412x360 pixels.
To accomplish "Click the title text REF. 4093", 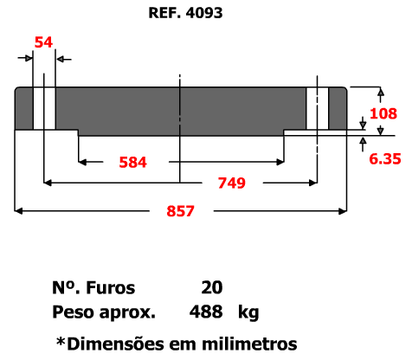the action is click(x=185, y=13).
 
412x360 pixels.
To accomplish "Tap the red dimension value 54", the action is click(x=43, y=42).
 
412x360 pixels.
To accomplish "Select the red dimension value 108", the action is click(x=383, y=113).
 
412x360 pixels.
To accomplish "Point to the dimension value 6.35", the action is click(x=385, y=159).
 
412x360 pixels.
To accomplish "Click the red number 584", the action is click(x=132, y=162).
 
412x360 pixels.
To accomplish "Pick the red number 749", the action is click(x=231, y=183).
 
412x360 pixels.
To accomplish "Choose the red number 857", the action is click(x=180, y=211).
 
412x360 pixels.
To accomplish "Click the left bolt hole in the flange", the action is click(x=44, y=108).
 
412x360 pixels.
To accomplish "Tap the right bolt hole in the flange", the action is click(x=318, y=108).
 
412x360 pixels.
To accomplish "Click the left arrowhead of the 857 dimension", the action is click(x=18, y=211).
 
